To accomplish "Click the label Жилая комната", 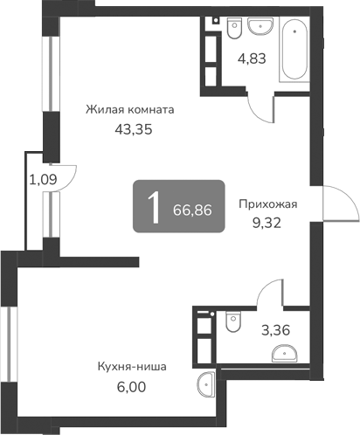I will (130, 110).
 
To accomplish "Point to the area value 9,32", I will (268, 223).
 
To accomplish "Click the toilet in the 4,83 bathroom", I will (232, 31).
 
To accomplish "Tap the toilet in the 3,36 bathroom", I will (231, 321).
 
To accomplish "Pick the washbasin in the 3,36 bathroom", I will (285, 353).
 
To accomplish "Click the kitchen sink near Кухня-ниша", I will (208, 383).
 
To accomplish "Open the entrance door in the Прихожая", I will (341, 206).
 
